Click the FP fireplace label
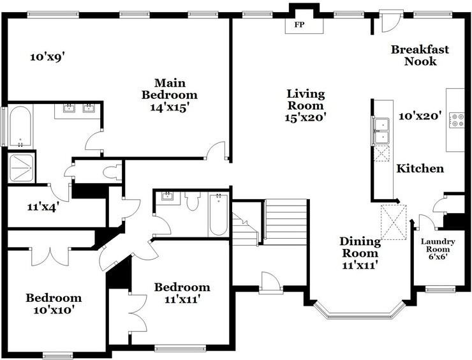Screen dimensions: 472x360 coord(299,25)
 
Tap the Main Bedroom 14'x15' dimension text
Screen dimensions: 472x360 coord(170,107)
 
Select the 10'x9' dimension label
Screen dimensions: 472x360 coord(48,57)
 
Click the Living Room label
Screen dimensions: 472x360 coord(306,100)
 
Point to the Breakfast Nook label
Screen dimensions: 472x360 coord(420,55)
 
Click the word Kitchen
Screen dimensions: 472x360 coord(420,169)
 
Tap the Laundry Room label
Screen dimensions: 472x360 coord(438,245)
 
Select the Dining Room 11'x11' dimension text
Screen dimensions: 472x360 coord(360,265)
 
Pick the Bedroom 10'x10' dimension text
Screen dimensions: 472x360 coord(54,310)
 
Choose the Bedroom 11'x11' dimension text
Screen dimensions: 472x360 coord(182,299)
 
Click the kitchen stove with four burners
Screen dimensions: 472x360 coord(457,120)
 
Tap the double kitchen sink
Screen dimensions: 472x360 coord(381,131)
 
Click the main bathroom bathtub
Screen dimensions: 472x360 coord(20,126)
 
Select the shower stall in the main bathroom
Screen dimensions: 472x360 coord(20,168)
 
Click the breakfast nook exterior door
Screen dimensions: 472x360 coord(390,20)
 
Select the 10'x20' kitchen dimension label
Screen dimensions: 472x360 coord(420,116)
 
